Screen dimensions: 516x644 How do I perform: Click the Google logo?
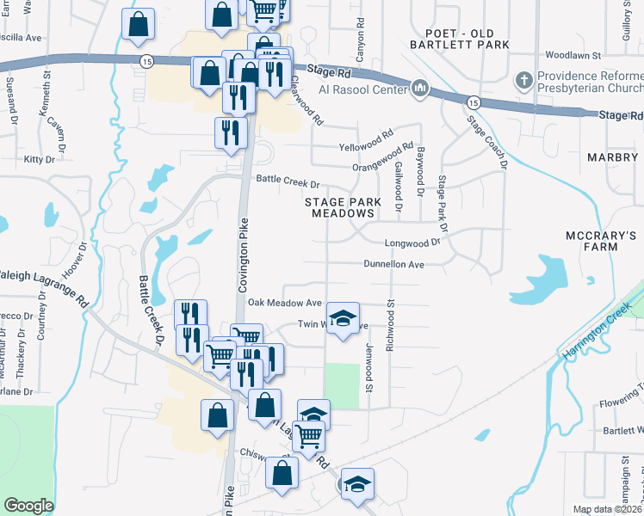[28, 506]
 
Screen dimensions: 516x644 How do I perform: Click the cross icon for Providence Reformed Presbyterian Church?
[523, 82]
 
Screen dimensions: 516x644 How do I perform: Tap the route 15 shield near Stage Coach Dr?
[473, 102]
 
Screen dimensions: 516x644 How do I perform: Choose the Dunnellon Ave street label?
[394, 264]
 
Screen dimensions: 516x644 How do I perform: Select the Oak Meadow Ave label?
[284, 303]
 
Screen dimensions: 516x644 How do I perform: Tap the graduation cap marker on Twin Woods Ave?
[343, 320]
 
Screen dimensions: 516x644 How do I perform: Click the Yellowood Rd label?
[365, 136]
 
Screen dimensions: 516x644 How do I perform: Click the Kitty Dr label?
[39, 159]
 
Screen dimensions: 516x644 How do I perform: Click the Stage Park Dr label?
[443, 203]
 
